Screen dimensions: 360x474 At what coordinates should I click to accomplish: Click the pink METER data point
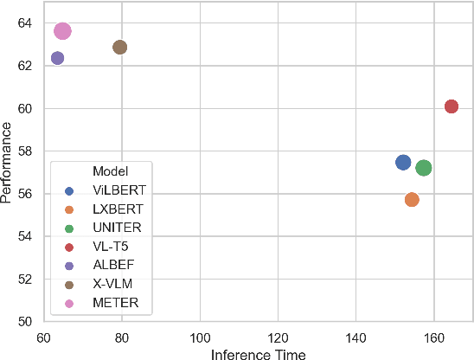coord(62,31)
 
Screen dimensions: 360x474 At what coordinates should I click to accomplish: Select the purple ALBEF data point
coord(57,58)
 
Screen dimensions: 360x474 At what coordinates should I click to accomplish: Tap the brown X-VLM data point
coord(120,47)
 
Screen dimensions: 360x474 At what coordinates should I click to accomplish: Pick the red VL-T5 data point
coord(451,106)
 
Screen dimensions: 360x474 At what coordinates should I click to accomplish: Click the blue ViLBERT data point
coord(403,163)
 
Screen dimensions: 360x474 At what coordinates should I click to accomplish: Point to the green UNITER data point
coord(424,168)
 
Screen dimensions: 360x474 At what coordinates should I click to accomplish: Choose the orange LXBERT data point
coord(412,199)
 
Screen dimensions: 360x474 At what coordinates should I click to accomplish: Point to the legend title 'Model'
coord(110,171)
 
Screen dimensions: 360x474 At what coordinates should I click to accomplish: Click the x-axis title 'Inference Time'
coord(259,353)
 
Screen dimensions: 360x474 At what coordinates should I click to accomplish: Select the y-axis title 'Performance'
coord(8,163)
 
